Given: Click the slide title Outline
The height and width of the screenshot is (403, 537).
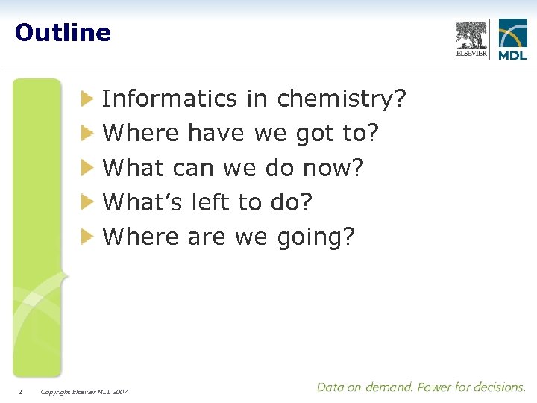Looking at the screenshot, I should click(x=63, y=33).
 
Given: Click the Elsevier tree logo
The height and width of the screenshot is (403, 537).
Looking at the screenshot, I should click(x=472, y=38).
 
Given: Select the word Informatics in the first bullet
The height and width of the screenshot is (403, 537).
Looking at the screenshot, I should click(x=169, y=99).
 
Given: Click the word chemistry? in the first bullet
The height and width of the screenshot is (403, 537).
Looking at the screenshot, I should click(x=342, y=99).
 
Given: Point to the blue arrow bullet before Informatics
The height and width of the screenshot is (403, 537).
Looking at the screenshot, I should click(x=88, y=99).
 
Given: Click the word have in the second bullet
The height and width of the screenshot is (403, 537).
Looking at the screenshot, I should click(x=216, y=134).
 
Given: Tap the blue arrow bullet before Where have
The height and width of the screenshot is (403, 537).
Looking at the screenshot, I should click(x=88, y=134).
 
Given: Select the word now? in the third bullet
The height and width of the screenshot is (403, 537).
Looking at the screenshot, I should click(x=333, y=168).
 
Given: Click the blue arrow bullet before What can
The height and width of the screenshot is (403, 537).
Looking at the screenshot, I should click(x=88, y=168).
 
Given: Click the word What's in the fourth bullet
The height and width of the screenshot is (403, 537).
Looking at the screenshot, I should click(x=143, y=202).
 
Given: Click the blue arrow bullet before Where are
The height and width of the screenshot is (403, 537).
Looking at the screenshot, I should click(x=88, y=237).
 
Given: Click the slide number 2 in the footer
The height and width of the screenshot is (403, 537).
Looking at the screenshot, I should click(x=21, y=391).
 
